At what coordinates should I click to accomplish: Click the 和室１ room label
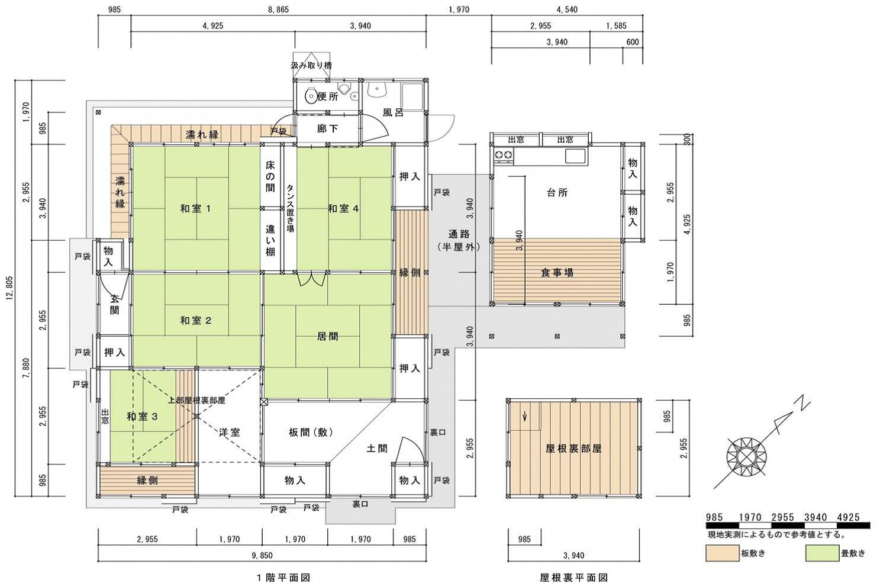(196, 208)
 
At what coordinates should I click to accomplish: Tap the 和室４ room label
(343, 208)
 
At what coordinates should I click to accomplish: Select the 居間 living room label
(328, 336)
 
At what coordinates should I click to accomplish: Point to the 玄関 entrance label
(114, 305)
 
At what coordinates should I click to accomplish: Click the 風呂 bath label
(393, 112)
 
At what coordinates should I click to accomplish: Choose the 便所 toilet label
(328, 96)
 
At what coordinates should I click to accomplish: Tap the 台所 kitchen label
(557, 192)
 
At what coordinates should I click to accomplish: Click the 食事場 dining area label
(557, 272)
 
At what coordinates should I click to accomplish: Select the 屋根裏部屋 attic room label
(573, 449)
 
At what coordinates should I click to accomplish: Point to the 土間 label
(377, 448)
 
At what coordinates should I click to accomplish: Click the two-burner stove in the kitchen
(504, 156)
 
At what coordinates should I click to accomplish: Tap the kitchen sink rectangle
(575, 156)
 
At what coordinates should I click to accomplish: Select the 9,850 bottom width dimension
(262, 556)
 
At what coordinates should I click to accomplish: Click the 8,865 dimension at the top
(278, 9)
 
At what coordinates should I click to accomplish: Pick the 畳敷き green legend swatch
(822, 553)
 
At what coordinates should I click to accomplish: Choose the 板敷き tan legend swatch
(722, 553)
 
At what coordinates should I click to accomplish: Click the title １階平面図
(283, 578)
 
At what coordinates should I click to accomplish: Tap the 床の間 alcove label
(270, 176)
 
